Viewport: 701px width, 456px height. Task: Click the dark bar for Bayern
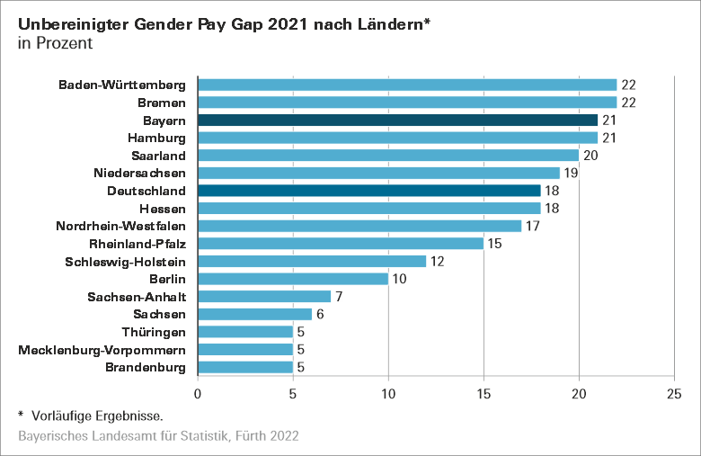(397, 121)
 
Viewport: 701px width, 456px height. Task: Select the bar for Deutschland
(368, 191)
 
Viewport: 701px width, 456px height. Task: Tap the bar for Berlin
(292, 279)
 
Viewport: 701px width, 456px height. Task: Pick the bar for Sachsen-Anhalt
(264, 296)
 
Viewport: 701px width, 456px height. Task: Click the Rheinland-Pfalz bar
(340, 244)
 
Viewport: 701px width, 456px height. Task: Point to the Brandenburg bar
(244, 367)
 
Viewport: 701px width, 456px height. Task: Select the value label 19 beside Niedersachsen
(572, 173)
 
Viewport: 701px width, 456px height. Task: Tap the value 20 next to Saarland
(590, 156)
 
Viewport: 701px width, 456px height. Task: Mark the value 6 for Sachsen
(322, 314)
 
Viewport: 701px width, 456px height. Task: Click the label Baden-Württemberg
(122, 85)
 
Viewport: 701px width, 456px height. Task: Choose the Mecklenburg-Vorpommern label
(102, 349)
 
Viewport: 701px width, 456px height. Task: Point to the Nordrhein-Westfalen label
(121, 226)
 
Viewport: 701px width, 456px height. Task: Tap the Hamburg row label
(157, 139)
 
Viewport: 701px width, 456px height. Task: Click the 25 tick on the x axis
(674, 393)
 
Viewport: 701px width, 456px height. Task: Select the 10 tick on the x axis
(388, 393)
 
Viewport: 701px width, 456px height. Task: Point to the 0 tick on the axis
(198, 393)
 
